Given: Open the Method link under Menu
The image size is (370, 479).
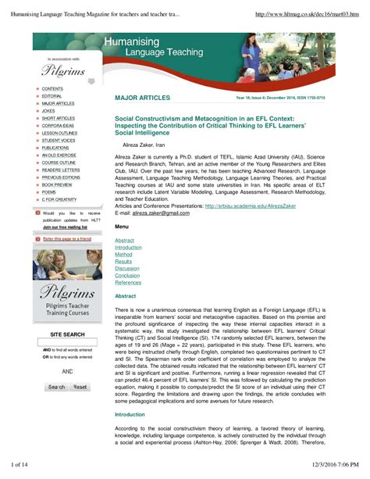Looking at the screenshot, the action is coord(123,255).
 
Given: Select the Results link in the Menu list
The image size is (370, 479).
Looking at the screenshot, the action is coord(123,262).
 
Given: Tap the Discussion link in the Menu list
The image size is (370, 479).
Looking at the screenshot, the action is coord(127,269).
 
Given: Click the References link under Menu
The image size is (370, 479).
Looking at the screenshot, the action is coord(129,283).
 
